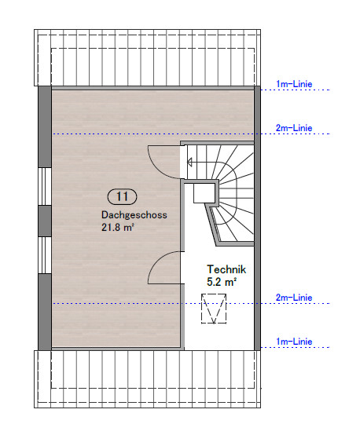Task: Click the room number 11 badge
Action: [122, 197]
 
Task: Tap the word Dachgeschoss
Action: [134, 215]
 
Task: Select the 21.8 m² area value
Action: [118, 228]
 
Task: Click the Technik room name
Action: [226, 269]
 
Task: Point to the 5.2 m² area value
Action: [222, 282]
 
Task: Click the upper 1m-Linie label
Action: [294, 84]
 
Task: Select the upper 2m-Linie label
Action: [294, 128]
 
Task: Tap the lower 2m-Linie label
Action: [294, 298]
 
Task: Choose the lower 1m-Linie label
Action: [294, 342]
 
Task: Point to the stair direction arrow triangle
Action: [189, 162]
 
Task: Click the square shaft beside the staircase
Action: [204, 193]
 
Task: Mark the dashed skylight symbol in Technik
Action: [214, 309]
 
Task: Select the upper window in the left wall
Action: [45, 186]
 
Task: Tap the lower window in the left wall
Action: [45, 255]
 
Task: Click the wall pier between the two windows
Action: [45, 221]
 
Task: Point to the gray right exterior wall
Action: [257, 218]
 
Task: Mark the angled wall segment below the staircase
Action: [211, 224]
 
